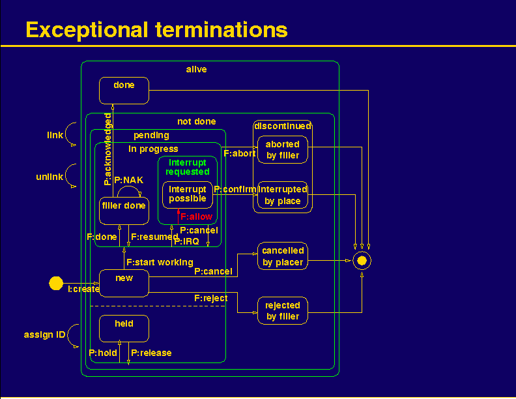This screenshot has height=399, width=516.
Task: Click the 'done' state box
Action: (124, 91)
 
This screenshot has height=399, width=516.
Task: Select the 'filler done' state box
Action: (124, 211)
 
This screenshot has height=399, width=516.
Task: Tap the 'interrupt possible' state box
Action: (188, 195)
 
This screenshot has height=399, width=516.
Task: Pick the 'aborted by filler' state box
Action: (283, 150)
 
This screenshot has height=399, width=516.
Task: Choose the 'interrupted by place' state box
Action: (283, 195)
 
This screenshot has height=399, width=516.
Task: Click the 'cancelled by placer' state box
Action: (283, 256)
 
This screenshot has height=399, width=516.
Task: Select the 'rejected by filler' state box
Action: (283, 311)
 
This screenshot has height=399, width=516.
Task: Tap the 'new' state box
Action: (124, 283)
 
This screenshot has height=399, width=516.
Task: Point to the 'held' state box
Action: (124, 329)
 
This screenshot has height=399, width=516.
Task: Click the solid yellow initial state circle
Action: (56, 283)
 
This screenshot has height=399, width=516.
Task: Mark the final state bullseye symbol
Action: (362, 261)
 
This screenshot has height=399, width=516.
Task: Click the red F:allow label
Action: (197, 216)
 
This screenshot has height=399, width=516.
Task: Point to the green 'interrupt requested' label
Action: (188, 167)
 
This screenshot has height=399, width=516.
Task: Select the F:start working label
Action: (160, 262)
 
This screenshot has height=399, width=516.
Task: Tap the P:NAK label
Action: (128, 180)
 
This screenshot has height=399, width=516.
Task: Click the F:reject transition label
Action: (211, 298)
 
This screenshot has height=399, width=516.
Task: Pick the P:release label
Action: (151, 353)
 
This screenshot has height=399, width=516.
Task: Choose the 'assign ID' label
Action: (45, 335)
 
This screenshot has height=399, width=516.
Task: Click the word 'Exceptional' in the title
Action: (87, 29)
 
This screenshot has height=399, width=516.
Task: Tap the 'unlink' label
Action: (50, 177)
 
